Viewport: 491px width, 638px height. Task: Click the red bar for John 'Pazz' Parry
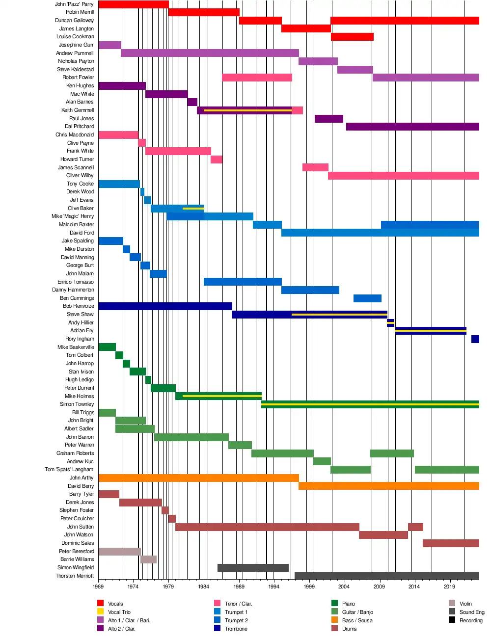click(x=133, y=4)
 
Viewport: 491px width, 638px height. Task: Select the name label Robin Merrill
click(x=80, y=12)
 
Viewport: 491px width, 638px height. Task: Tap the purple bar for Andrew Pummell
click(x=210, y=53)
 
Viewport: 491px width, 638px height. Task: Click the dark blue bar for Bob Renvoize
click(x=165, y=306)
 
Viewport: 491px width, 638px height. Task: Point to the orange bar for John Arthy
click(x=198, y=478)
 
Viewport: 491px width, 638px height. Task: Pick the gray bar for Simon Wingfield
click(x=253, y=568)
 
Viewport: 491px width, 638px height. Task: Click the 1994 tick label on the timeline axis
click(x=274, y=586)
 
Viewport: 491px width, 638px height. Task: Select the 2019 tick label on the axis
click(x=449, y=586)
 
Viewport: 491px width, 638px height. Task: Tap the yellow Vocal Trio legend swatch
click(x=101, y=611)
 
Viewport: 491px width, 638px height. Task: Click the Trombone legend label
click(x=236, y=629)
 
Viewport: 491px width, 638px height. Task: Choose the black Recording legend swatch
click(x=452, y=620)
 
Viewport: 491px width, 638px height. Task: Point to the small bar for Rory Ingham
click(x=475, y=339)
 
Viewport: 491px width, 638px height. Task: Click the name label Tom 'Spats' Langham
click(x=69, y=470)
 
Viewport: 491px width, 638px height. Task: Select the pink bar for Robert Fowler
click(x=257, y=78)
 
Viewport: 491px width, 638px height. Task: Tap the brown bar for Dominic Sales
click(x=451, y=543)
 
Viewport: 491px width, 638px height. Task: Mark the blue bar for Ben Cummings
click(x=367, y=298)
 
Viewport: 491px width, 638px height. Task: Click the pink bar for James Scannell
click(x=315, y=167)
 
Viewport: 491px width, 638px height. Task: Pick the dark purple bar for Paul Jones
click(x=328, y=119)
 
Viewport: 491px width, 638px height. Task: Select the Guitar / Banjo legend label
click(x=357, y=612)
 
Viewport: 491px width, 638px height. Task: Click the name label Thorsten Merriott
click(x=75, y=576)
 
